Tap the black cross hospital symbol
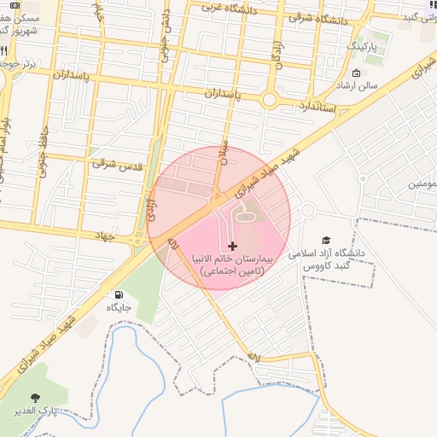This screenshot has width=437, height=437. point(232,246)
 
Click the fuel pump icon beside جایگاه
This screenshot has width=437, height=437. point(117,295)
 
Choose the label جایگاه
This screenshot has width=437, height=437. point(118,307)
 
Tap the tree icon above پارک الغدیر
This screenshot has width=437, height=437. point(35,398)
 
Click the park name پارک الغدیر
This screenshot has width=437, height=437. point(36,411)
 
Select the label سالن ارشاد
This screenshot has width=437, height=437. point(355,86)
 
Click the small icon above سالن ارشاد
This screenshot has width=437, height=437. point(355,73)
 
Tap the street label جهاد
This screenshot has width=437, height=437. point(104,233)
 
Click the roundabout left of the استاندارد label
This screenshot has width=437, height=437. point(269,100)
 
